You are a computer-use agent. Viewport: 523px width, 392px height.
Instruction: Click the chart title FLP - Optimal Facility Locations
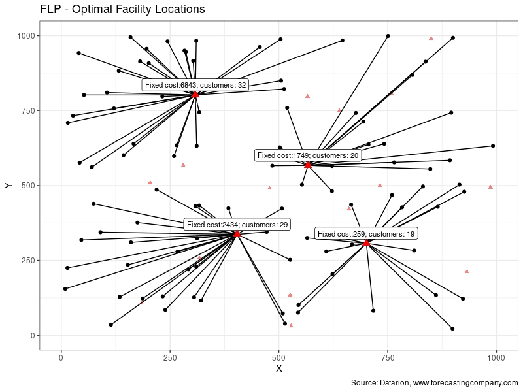122,10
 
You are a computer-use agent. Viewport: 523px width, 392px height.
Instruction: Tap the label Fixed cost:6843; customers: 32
195,85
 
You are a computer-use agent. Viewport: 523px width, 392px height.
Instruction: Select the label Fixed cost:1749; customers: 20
308,155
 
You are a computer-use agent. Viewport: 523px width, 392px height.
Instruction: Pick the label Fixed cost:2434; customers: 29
237,225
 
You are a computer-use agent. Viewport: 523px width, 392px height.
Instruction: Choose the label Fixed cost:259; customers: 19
366,234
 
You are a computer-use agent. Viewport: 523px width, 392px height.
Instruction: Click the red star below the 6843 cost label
195,95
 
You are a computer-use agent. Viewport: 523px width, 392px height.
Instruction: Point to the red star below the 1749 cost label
308,165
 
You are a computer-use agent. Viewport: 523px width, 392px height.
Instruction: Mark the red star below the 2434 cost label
237,234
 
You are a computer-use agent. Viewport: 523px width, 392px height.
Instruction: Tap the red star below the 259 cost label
366,243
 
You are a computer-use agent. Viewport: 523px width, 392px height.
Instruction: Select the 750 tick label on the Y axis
27,110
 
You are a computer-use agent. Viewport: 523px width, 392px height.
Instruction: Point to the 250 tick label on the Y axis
27,261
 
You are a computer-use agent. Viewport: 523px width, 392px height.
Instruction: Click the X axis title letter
279,369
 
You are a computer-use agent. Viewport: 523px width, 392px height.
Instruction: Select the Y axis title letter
8,186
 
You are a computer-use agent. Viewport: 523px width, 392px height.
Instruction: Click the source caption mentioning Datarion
434,383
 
